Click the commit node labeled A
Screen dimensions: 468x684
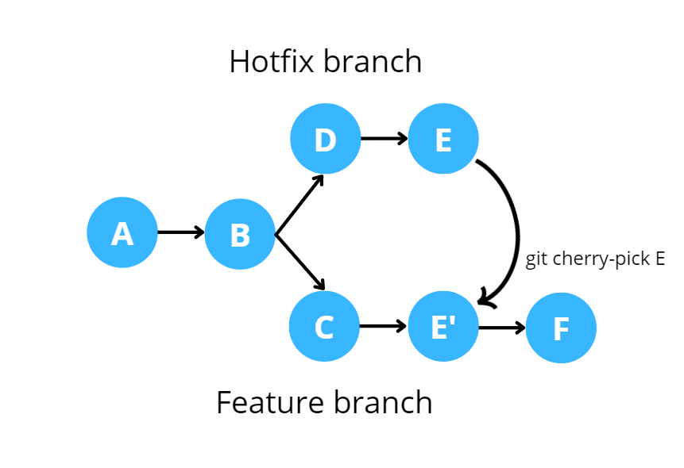click(122, 233)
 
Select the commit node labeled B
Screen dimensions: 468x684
click(240, 234)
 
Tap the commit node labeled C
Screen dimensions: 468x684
click(324, 327)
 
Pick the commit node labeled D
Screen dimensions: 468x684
click(325, 140)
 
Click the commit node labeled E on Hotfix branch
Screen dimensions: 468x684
click(443, 140)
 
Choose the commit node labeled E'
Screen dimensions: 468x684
click(443, 327)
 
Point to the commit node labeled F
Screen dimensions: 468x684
click(561, 328)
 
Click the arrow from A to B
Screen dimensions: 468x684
click(180, 233)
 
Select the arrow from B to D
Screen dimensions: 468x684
click(300, 203)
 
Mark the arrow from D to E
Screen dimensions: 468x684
click(384, 140)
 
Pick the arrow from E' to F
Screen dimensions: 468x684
click(502, 327)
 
